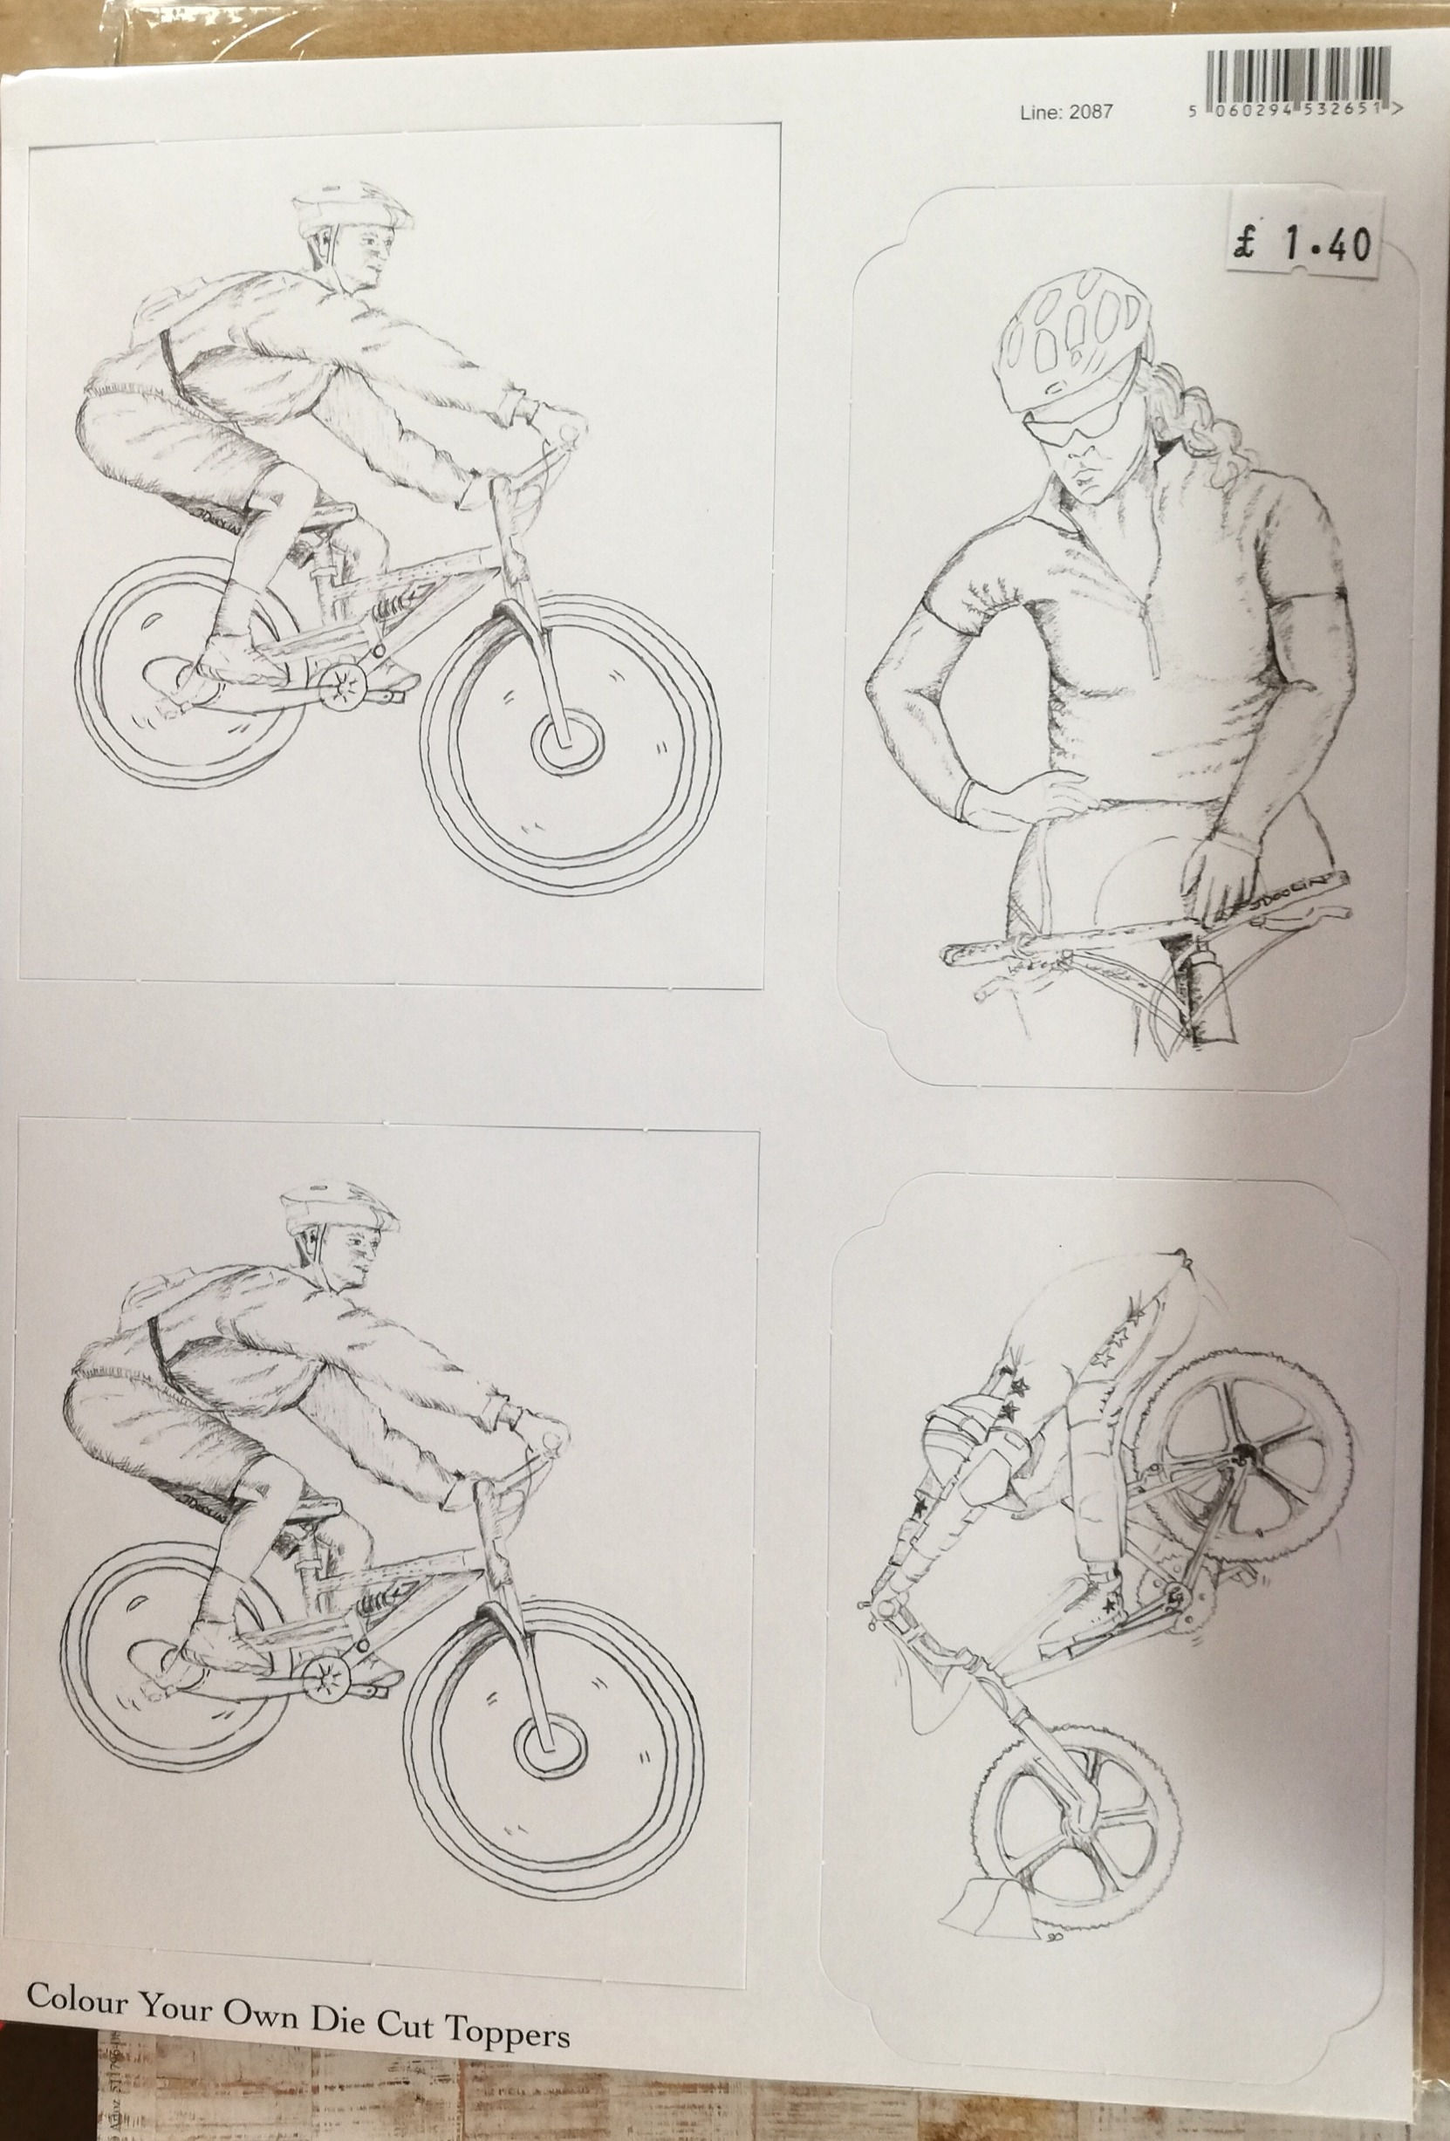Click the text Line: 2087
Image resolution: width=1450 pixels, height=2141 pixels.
(x=1066, y=113)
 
